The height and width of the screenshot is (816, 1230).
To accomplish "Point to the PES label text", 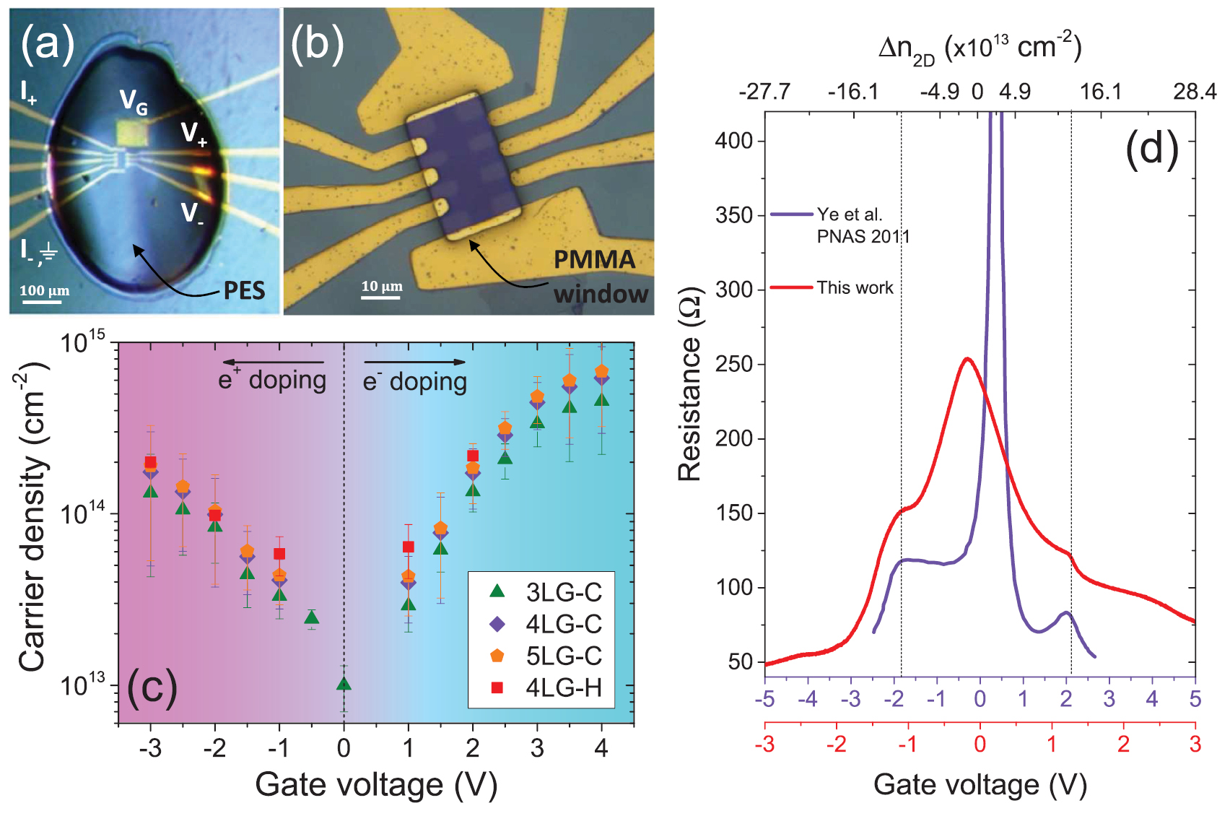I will coord(244,290).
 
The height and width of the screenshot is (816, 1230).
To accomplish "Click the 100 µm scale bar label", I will coord(45,291).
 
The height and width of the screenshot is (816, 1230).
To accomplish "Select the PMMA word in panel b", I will coord(594,259).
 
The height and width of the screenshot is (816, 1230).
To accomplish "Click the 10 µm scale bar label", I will coord(382,286).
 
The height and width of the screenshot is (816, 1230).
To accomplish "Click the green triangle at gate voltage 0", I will coord(344,684).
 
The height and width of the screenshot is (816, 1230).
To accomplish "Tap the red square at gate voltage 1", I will coord(409,547).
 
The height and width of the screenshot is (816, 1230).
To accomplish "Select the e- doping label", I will coord(414,381).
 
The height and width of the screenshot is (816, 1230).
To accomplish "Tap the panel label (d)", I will coord(1151,149).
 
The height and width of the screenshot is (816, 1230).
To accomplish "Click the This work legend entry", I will coord(855,287).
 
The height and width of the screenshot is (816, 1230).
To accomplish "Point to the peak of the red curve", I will coord(967,358).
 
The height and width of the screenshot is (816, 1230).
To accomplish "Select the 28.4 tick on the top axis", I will coord(1195,92).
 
